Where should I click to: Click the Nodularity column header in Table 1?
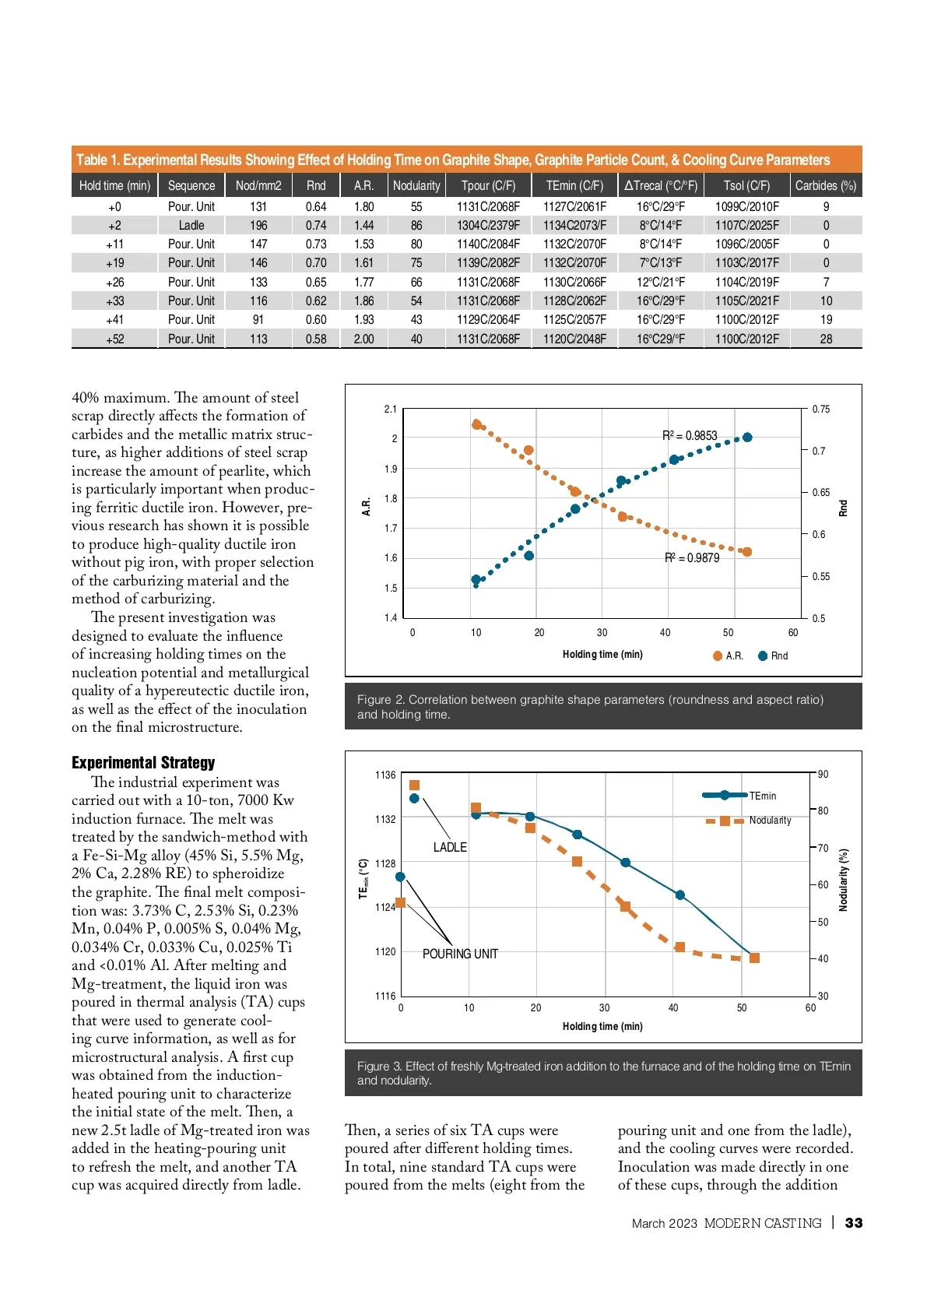tap(416, 185)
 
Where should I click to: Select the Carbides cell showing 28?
tap(826, 339)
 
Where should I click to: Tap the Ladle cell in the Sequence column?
tap(191, 225)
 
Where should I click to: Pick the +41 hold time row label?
tap(114, 319)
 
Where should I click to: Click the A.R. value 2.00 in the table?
tap(363, 339)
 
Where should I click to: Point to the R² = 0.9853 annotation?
tap(690, 435)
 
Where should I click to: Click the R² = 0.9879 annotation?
tap(692, 557)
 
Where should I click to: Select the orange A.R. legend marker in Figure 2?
tap(718, 656)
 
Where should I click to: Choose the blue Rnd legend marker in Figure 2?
tap(763, 656)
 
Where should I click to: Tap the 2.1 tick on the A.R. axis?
tap(391, 409)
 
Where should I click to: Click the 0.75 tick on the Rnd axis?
tap(821, 409)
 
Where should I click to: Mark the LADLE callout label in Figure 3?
tap(450, 847)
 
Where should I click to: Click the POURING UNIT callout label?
tap(460, 954)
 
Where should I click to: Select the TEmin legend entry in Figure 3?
tap(762, 796)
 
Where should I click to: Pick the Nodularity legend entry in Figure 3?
tap(769, 820)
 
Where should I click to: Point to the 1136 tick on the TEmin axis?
tap(385, 775)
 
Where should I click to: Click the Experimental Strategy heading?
tap(143, 762)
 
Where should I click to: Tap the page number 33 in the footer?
tap(854, 1222)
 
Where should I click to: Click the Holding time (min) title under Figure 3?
tap(602, 1026)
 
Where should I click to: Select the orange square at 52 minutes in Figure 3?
tap(753, 958)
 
